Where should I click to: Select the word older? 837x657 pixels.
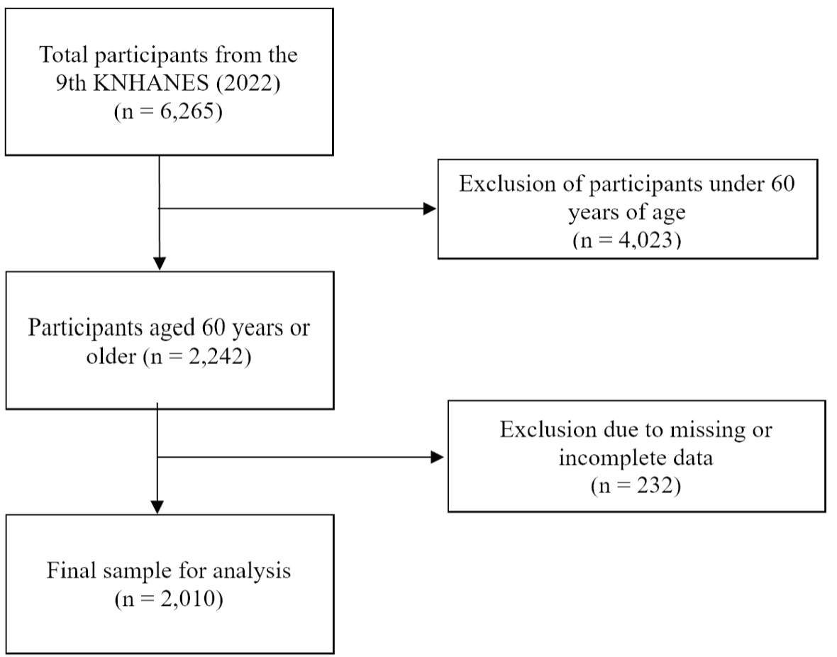111,355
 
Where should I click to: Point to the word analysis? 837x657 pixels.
252,571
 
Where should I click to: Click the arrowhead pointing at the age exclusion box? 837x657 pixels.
430,209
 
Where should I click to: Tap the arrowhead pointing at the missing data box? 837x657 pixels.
437,457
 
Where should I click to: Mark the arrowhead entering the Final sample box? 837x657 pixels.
157,507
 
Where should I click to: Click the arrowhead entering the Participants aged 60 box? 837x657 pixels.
159,264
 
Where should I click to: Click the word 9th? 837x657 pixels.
71,83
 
